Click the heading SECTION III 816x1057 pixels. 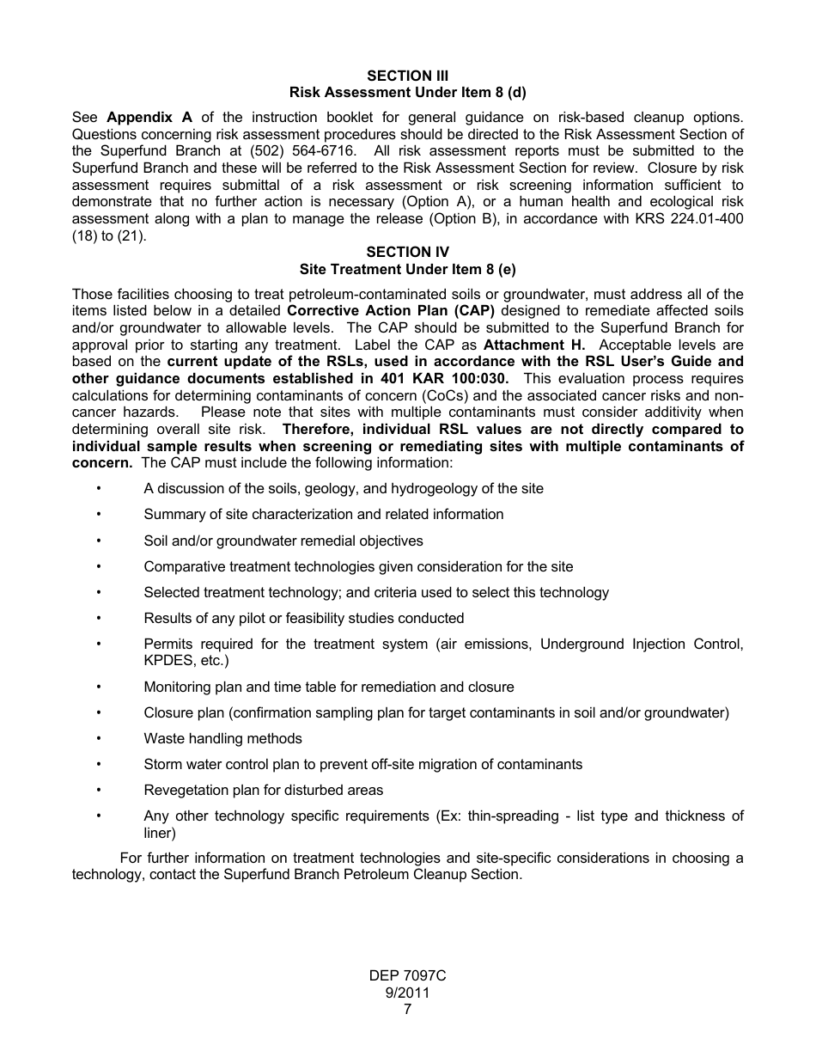click(407, 76)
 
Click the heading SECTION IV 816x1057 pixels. click(407, 252)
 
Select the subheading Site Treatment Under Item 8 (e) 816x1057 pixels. click(407, 269)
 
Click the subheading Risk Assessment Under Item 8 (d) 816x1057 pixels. click(407, 92)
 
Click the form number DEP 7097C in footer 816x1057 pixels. click(407, 976)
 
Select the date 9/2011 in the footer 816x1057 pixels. click(407, 993)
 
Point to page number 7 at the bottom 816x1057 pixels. click(407, 1010)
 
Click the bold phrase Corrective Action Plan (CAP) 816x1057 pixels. click(391, 311)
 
